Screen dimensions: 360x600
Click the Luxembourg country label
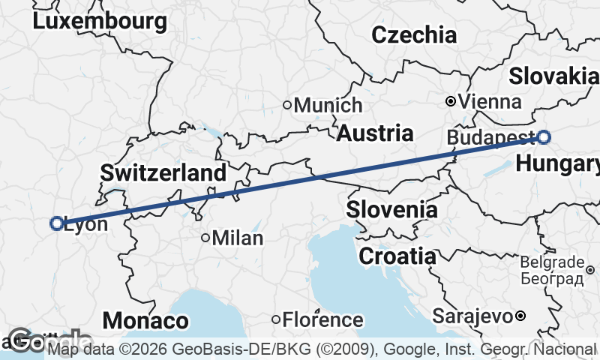100,21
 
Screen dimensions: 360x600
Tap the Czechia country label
413,34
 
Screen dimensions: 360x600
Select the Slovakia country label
554,76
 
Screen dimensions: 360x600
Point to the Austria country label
374,133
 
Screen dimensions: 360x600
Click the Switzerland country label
163,172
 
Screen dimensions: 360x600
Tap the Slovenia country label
391,209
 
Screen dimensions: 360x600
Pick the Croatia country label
397,256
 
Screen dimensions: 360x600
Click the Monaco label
145,321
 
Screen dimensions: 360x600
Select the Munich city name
328,106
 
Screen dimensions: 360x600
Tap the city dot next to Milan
205,238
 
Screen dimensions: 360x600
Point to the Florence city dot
276,320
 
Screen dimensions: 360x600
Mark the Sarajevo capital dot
519,316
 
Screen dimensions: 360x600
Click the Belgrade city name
556,262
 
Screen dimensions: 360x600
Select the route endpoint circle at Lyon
56,223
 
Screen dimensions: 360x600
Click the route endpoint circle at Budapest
543,137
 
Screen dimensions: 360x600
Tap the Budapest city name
490,137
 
